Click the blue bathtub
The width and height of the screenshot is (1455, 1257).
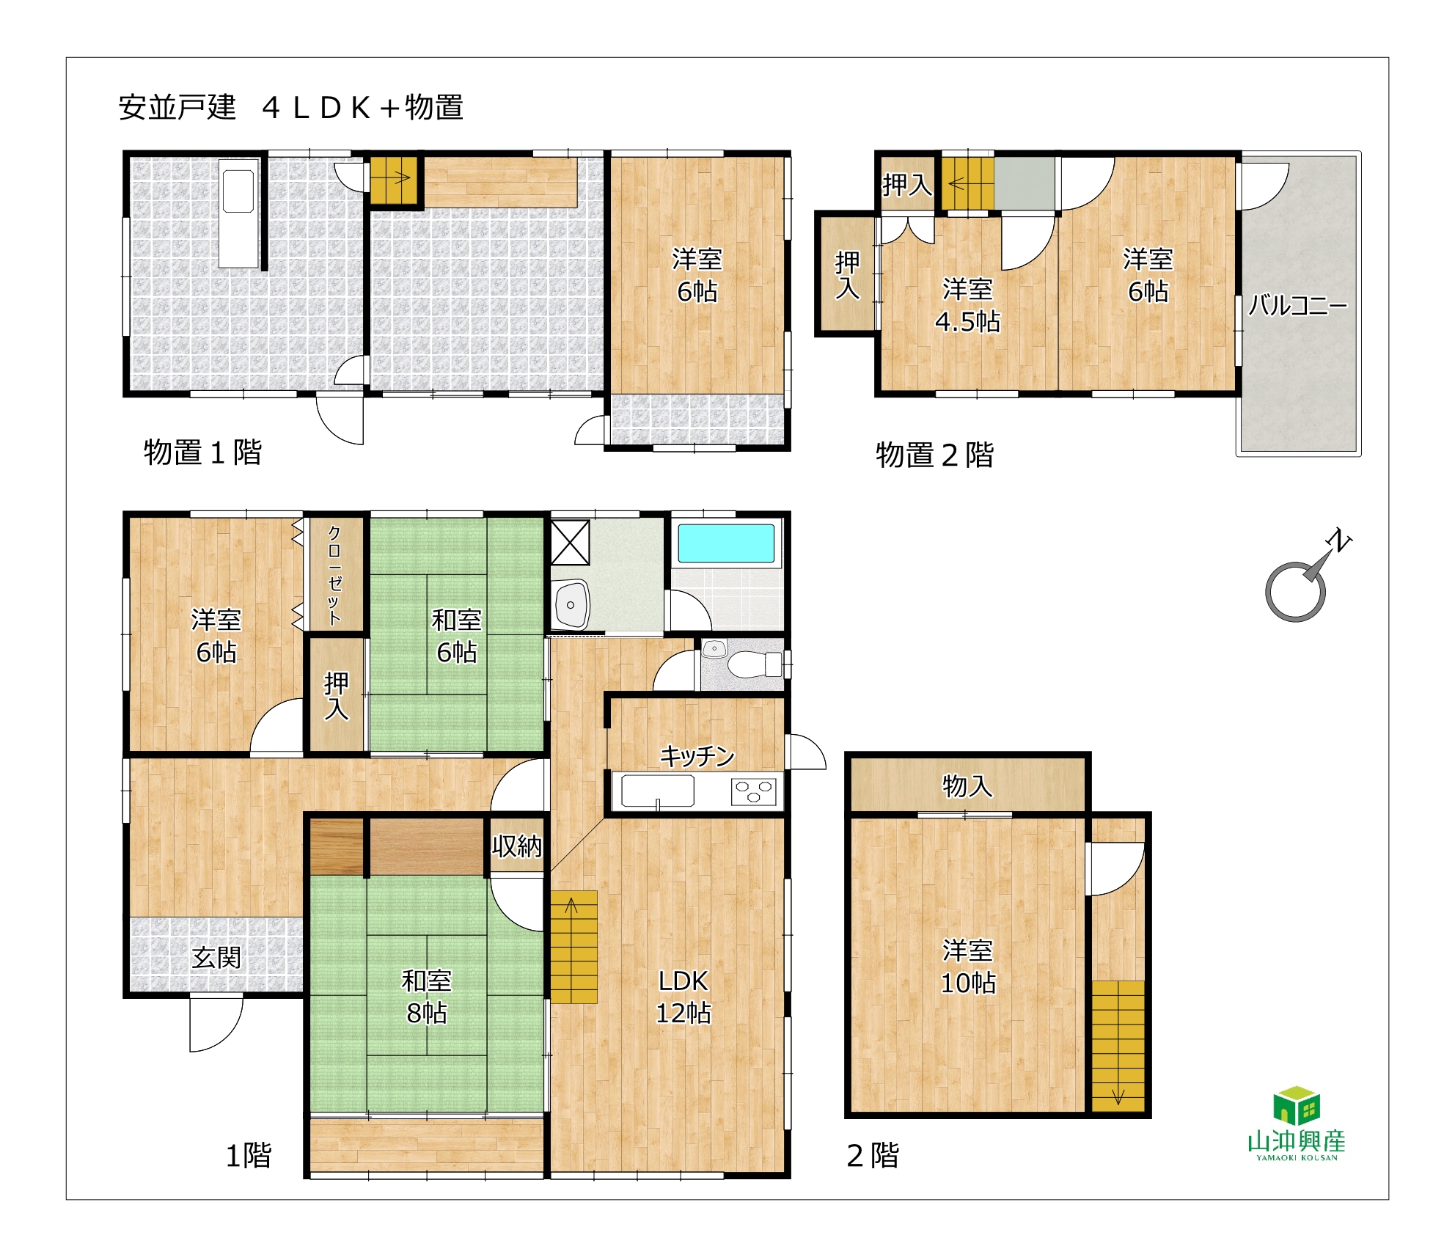pos(726,543)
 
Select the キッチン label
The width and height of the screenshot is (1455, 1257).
pos(697,755)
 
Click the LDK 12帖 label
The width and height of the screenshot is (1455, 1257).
pos(683,997)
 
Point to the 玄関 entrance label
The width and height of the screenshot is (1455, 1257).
pos(216,957)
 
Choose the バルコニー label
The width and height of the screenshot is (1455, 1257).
pos(1298,305)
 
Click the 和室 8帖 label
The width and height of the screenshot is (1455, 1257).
pos(427,997)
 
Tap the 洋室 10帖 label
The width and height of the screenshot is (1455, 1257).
pos(968,967)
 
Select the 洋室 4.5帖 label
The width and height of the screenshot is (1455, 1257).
pos(967,305)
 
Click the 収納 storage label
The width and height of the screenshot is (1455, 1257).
pos(517,846)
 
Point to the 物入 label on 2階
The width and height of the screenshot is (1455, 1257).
pos(967,785)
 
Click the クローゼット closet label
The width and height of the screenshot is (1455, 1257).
pos(334,575)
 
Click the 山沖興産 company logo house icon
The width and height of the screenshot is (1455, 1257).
pos(1297,1106)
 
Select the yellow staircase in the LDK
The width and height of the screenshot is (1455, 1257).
pos(573,947)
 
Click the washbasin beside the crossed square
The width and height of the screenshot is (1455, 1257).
pos(571,604)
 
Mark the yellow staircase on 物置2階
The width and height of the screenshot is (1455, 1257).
pos(967,183)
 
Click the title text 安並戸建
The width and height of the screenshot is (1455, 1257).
pos(177,107)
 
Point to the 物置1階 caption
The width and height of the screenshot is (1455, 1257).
pos(203,452)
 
